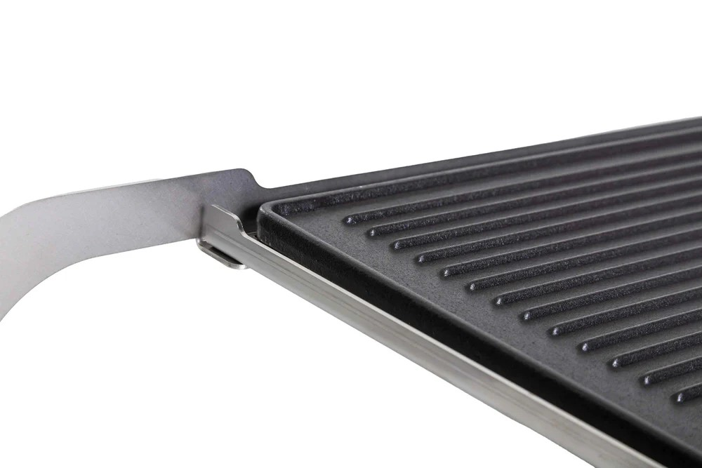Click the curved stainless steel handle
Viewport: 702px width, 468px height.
105,225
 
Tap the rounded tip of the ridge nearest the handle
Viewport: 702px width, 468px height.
348,220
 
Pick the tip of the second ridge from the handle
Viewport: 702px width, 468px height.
373,231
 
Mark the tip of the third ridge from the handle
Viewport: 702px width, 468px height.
397,243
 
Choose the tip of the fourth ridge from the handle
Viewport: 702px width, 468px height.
422,258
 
